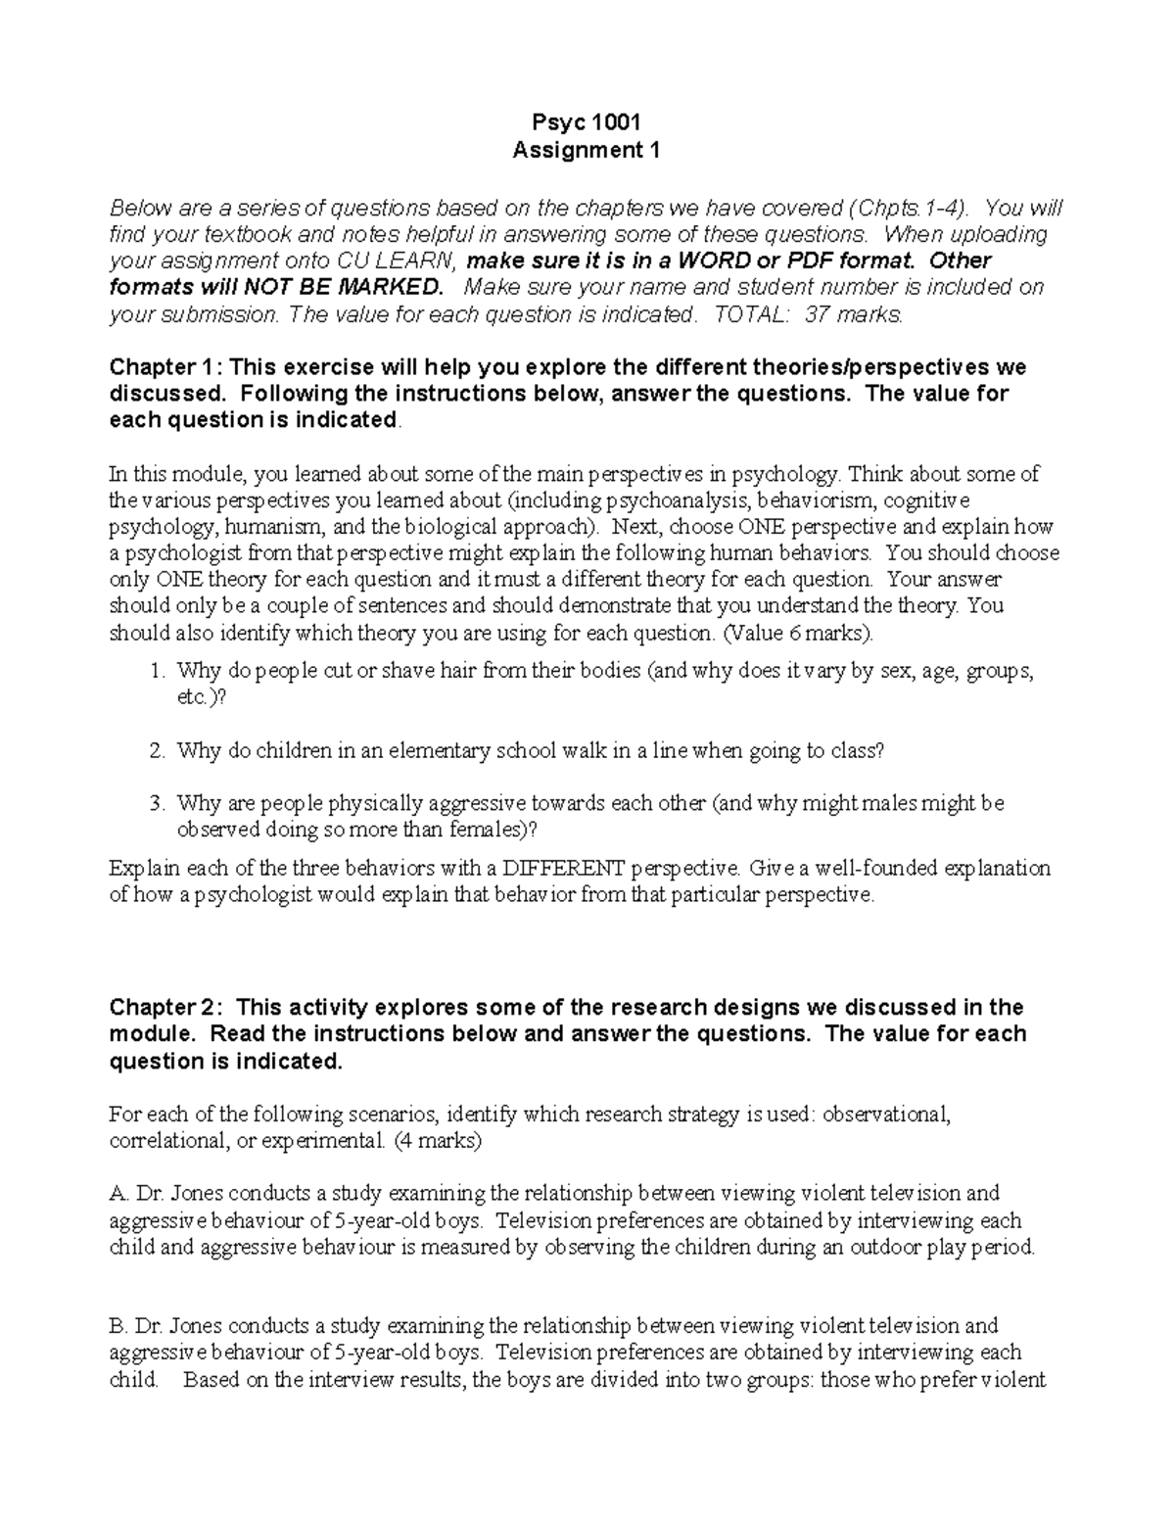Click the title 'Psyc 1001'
pyautogui.click(x=587, y=122)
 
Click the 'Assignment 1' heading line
pyautogui.click(x=587, y=150)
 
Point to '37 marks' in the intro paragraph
pyautogui.click(x=860, y=314)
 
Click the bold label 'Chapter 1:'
pyautogui.click(x=166, y=367)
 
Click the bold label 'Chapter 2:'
pyautogui.click(x=166, y=1008)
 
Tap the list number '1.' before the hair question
pyautogui.click(x=158, y=672)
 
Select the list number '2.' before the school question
pyautogui.click(x=158, y=751)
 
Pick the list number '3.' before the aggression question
pyautogui.click(x=158, y=804)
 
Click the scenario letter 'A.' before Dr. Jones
pyautogui.click(x=119, y=1194)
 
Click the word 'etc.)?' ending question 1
pyautogui.click(x=201, y=698)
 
